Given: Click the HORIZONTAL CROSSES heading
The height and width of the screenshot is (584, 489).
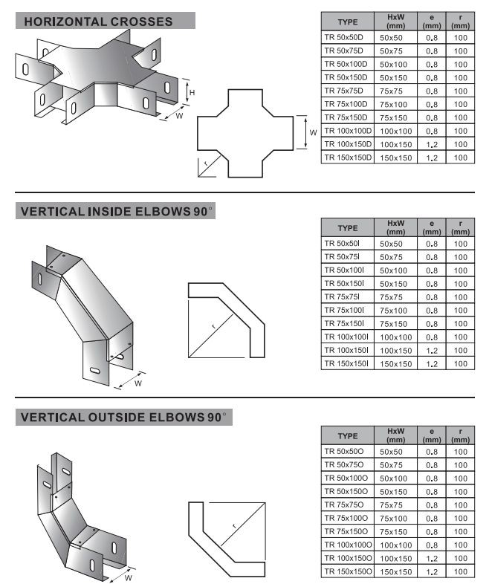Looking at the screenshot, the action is tap(98, 22).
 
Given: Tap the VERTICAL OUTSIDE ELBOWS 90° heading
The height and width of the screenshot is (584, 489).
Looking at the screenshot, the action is tap(123, 417).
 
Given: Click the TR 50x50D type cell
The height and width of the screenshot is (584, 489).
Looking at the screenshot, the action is tap(343, 37).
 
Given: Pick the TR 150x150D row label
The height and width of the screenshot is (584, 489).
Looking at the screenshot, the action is tap(348, 158).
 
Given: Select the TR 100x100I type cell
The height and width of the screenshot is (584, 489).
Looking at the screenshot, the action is tap(346, 337).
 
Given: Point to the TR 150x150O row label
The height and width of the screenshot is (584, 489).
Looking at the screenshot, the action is tap(348, 571).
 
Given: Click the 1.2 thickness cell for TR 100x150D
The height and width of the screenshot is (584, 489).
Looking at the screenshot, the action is tap(432, 144).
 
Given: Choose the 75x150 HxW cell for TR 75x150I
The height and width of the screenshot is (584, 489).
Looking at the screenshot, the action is tap(393, 324).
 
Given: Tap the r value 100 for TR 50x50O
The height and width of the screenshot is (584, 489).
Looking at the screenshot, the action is tap(460, 452).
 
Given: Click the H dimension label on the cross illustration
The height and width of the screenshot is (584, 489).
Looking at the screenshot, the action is tap(192, 92).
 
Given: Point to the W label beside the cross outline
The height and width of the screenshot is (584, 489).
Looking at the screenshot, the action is tap(313, 132).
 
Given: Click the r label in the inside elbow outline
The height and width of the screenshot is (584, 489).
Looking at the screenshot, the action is tap(213, 327).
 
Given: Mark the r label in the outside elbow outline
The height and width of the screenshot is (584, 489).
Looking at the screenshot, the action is tap(234, 526).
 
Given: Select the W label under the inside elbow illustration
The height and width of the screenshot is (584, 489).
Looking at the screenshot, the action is tap(138, 383).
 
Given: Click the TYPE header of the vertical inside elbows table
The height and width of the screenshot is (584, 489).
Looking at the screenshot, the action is tap(348, 228).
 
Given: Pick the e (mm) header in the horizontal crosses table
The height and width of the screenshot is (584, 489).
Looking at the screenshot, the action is tap(432, 22).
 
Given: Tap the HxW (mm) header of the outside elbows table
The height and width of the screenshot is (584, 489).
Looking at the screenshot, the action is tap(395, 435).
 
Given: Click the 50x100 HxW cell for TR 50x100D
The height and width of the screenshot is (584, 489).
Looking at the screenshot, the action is tap(393, 65).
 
